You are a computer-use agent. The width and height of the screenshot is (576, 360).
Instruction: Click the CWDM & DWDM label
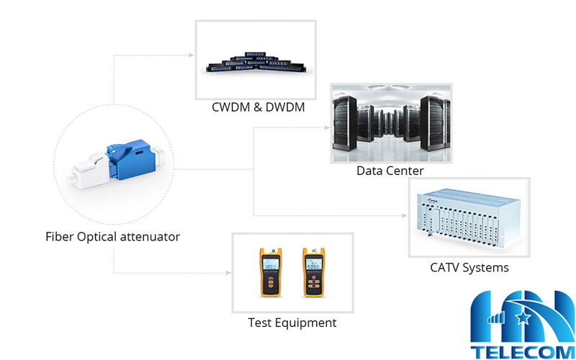coord(258,108)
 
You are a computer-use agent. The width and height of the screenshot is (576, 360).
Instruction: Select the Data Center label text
coord(390,171)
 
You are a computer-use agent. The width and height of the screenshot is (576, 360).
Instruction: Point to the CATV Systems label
coord(469,268)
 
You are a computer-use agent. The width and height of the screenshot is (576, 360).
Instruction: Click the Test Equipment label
coord(292,323)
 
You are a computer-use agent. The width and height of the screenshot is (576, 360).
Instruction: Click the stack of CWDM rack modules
coord(257,62)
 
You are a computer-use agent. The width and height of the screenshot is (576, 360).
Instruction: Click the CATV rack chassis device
coord(469,217)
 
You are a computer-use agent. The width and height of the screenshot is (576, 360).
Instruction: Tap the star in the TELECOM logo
coord(521,314)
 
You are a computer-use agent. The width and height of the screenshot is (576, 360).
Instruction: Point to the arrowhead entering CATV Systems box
coord(405,214)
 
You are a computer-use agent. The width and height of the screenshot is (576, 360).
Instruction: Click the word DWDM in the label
coord(283,108)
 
